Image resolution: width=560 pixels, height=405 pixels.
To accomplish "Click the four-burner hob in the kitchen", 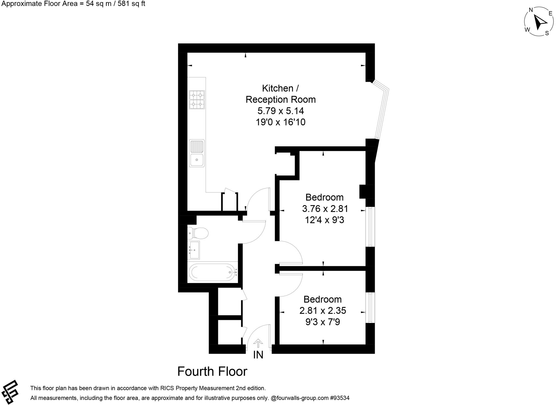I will (x=197, y=100).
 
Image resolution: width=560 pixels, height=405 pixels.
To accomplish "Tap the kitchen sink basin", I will (x=197, y=160).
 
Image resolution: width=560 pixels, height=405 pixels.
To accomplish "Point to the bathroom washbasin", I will (x=194, y=250).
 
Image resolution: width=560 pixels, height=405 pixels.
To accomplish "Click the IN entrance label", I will (x=258, y=355).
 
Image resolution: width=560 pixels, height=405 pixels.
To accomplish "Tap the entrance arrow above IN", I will (x=258, y=343).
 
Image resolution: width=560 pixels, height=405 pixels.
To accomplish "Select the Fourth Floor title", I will (x=212, y=371).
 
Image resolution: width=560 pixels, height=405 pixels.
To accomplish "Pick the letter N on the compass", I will (x=531, y=10).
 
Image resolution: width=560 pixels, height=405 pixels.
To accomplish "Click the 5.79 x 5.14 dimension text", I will (x=281, y=111).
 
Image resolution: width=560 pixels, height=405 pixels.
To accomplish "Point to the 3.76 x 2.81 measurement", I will (x=325, y=209).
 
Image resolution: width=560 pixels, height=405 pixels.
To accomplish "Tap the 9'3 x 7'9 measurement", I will (x=323, y=322).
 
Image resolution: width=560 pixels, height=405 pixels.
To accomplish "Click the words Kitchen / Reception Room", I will (x=281, y=94).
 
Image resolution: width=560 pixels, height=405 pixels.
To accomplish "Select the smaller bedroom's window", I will (x=370, y=308).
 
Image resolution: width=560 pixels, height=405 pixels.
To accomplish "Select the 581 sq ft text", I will (x=132, y=4).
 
